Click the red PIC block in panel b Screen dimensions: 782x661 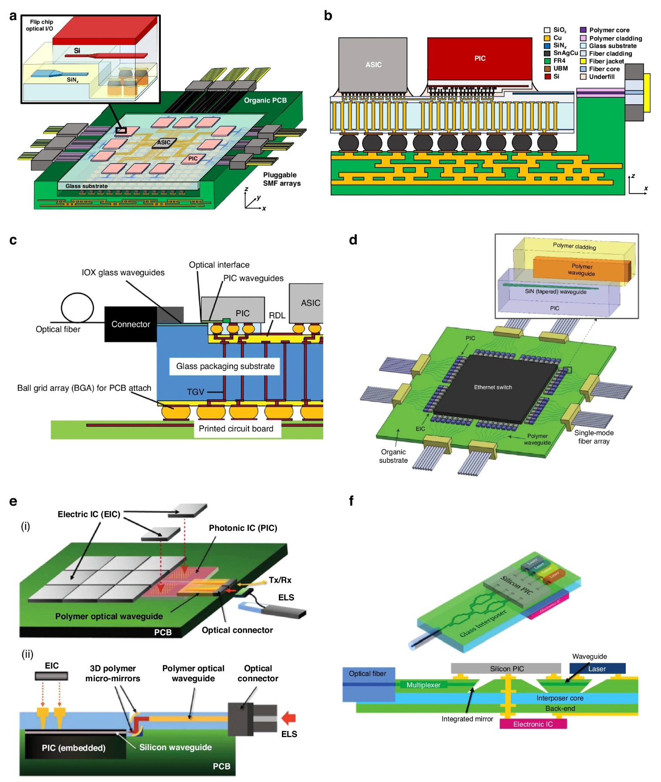tap(479, 58)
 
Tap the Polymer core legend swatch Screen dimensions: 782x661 tap(583, 30)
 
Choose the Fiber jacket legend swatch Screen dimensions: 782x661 tap(583, 61)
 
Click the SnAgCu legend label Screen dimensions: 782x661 tap(565, 53)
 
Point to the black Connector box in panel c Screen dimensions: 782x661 tap(130, 324)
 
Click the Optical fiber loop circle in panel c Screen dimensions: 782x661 tap(77, 307)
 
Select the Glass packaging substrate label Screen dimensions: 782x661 tap(225, 366)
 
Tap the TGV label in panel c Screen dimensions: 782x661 tap(195, 392)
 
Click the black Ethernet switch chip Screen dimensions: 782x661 tap(493, 387)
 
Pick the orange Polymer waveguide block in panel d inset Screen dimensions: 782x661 tap(581, 270)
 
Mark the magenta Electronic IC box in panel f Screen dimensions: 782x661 tap(533, 724)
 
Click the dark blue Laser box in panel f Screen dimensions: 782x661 tap(597, 669)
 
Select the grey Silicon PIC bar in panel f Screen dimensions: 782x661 tap(506, 669)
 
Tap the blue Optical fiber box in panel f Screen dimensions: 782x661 tap(368, 684)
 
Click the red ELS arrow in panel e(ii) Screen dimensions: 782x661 tap(288, 718)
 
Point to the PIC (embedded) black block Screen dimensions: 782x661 tap(74, 747)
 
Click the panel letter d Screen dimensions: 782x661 tap(353, 239)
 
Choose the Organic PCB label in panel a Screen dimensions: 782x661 tap(265, 100)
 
